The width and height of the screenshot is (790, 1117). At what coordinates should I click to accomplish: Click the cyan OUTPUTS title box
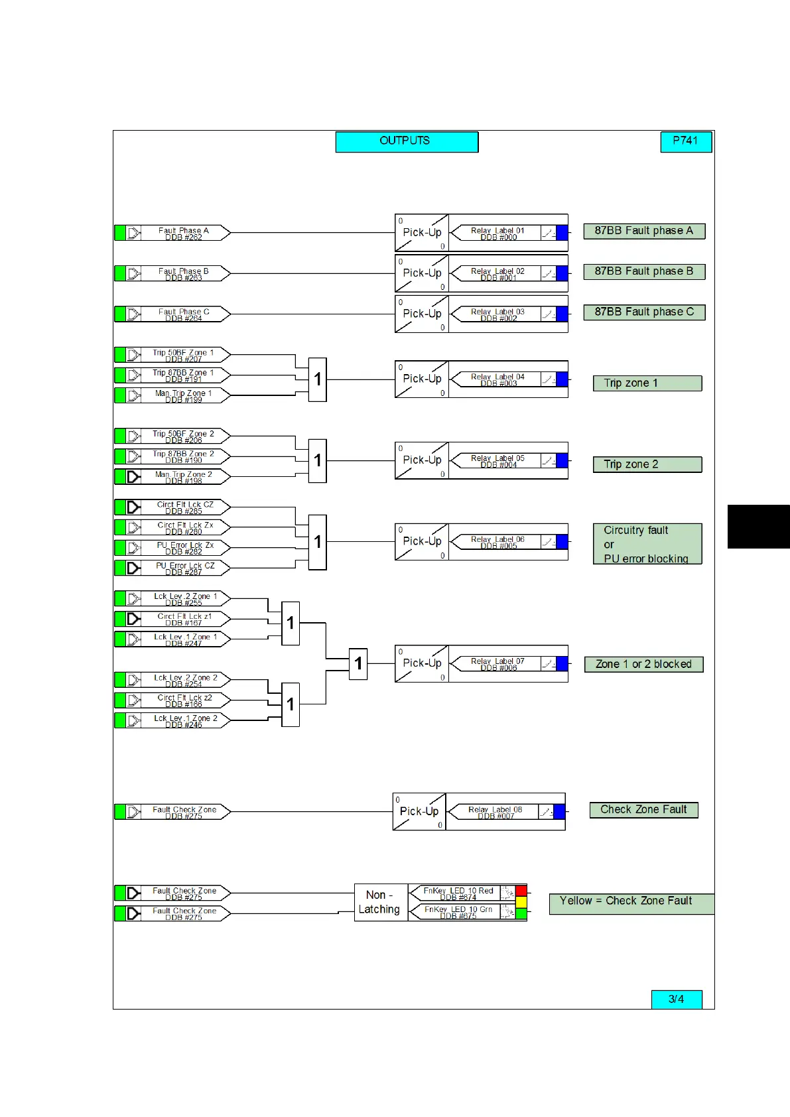(407, 141)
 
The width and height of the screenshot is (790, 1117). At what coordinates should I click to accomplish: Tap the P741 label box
(686, 141)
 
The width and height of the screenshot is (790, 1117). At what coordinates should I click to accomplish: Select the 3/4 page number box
(676, 999)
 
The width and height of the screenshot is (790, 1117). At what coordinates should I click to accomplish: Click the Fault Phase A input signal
(183, 233)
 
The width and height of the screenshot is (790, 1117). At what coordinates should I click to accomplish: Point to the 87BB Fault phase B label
(643, 271)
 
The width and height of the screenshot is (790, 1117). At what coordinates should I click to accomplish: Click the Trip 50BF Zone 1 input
(183, 355)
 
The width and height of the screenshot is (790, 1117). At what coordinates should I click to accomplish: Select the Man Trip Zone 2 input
(183, 477)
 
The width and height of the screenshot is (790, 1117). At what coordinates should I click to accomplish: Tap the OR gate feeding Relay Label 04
(318, 379)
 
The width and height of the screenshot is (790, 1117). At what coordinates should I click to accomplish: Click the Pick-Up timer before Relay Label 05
(422, 460)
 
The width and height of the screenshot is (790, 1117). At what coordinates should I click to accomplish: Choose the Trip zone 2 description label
(647, 464)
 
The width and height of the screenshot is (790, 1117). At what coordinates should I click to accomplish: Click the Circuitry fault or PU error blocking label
(647, 544)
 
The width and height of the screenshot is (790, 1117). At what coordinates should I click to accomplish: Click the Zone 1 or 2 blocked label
(643, 664)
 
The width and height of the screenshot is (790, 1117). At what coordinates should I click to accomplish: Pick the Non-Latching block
(380, 902)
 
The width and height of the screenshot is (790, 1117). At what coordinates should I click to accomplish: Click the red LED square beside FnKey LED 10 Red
(521, 891)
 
